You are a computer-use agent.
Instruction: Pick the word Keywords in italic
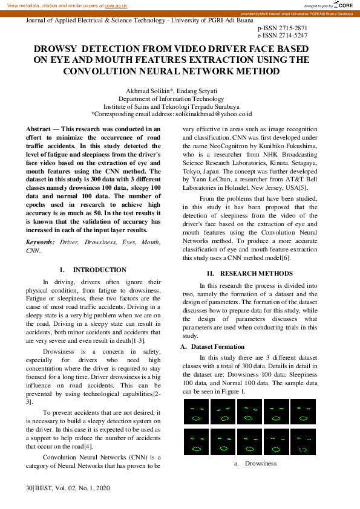pos(39,242)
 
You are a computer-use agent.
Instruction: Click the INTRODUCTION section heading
pos(100,270)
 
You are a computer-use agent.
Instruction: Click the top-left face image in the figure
pos(195,412)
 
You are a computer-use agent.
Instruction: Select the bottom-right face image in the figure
pos(303,442)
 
